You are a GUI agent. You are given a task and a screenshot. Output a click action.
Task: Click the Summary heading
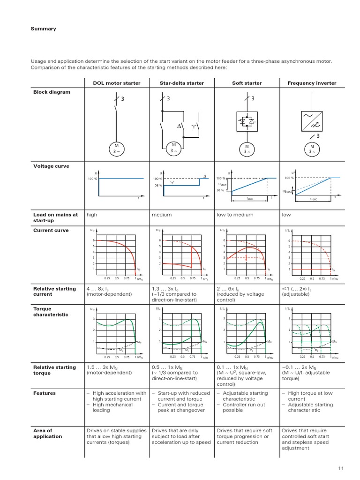pyautogui.click(x=43, y=29)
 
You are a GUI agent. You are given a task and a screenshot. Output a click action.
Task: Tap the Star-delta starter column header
pyautogui.click(x=181, y=83)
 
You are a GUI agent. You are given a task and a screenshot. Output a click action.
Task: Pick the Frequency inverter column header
pyautogui.click(x=312, y=83)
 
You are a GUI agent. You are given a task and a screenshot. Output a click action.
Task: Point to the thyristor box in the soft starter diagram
pyautogui.click(x=247, y=121)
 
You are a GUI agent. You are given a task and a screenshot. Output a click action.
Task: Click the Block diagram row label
pyautogui.click(x=52, y=92)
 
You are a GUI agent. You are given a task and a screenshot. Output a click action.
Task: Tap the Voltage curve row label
pyautogui.click(x=51, y=166)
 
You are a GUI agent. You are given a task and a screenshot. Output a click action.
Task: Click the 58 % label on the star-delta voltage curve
pyautogui.click(x=158, y=186)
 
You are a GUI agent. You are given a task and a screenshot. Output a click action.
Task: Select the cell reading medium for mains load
pyautogui.click(x=162, y=215)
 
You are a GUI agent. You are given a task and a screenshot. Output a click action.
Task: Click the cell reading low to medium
pyautogui.click(x=235, y=215)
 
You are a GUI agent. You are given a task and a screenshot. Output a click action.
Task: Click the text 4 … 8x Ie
pyautogui.click(x=101, y=289)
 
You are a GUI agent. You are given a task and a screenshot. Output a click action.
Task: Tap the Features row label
pyautogui.click(x=45, y=393)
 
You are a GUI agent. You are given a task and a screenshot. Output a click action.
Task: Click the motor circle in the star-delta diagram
pyautogui.click(x=174, y=148)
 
